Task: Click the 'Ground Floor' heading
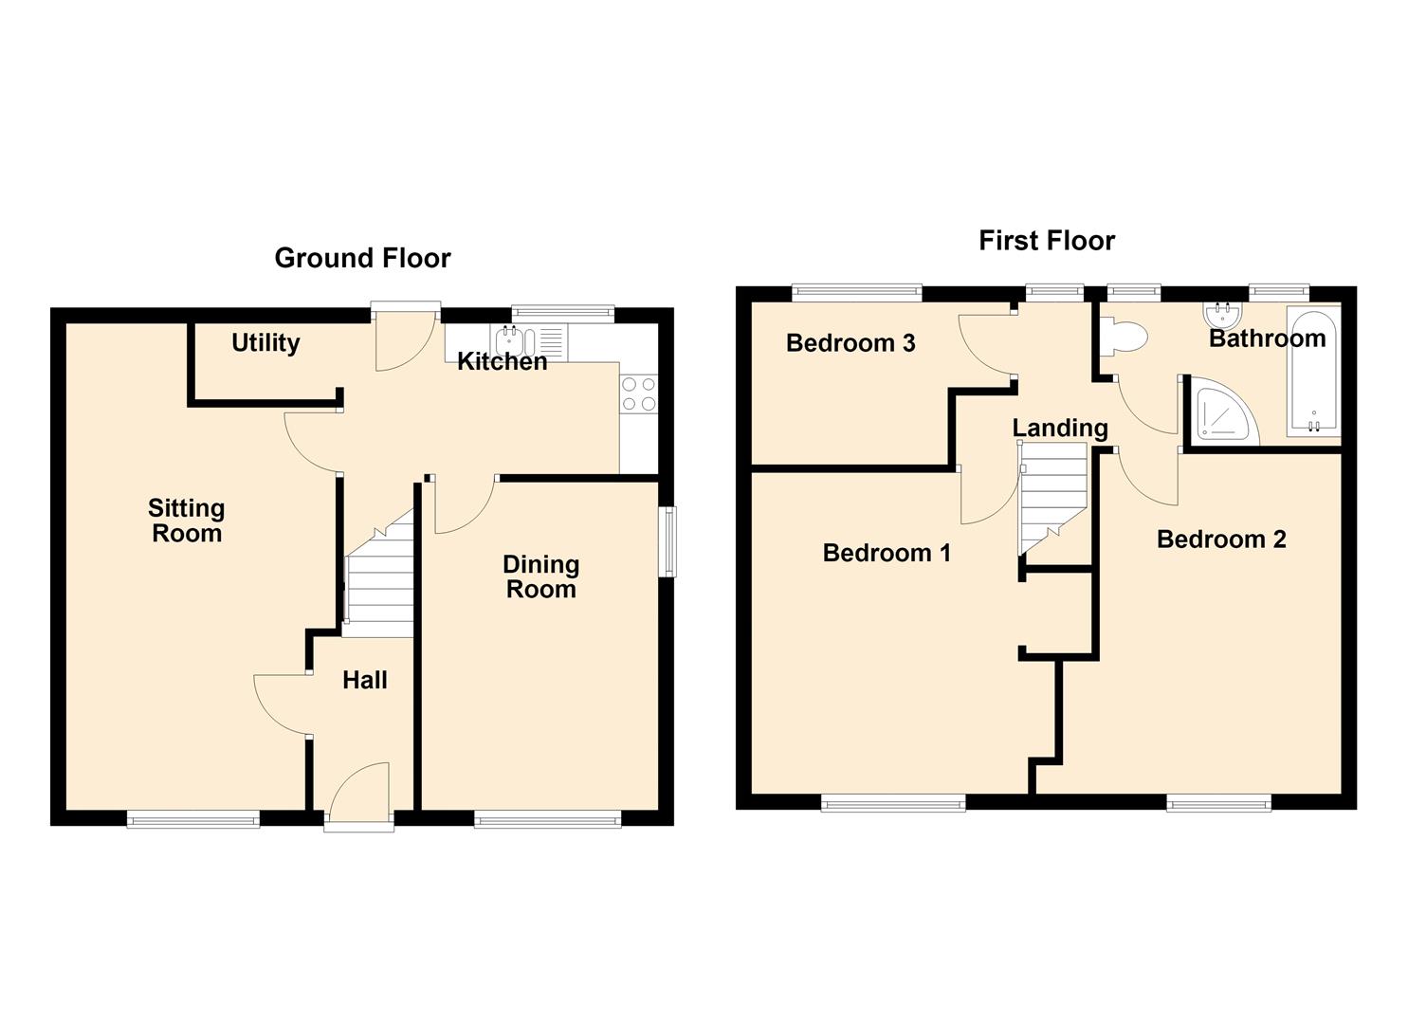pos(363,258)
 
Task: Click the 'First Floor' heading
pos(1047,241)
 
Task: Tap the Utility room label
pos(265,343)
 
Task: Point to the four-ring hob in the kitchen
pos(639,393)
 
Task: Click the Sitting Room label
pos(187,521)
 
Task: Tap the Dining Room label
pos(541,576)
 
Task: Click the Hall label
pos(365,680)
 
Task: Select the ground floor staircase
pos(379,574)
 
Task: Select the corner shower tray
pos(1221,410)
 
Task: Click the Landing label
pos(1060,428)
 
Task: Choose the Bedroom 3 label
pos(850,343)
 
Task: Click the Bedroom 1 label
pos(887,553)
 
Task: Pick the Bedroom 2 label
pos(1221,539)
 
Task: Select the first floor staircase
pos(1053,499)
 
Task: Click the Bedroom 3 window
pos(857,290)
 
